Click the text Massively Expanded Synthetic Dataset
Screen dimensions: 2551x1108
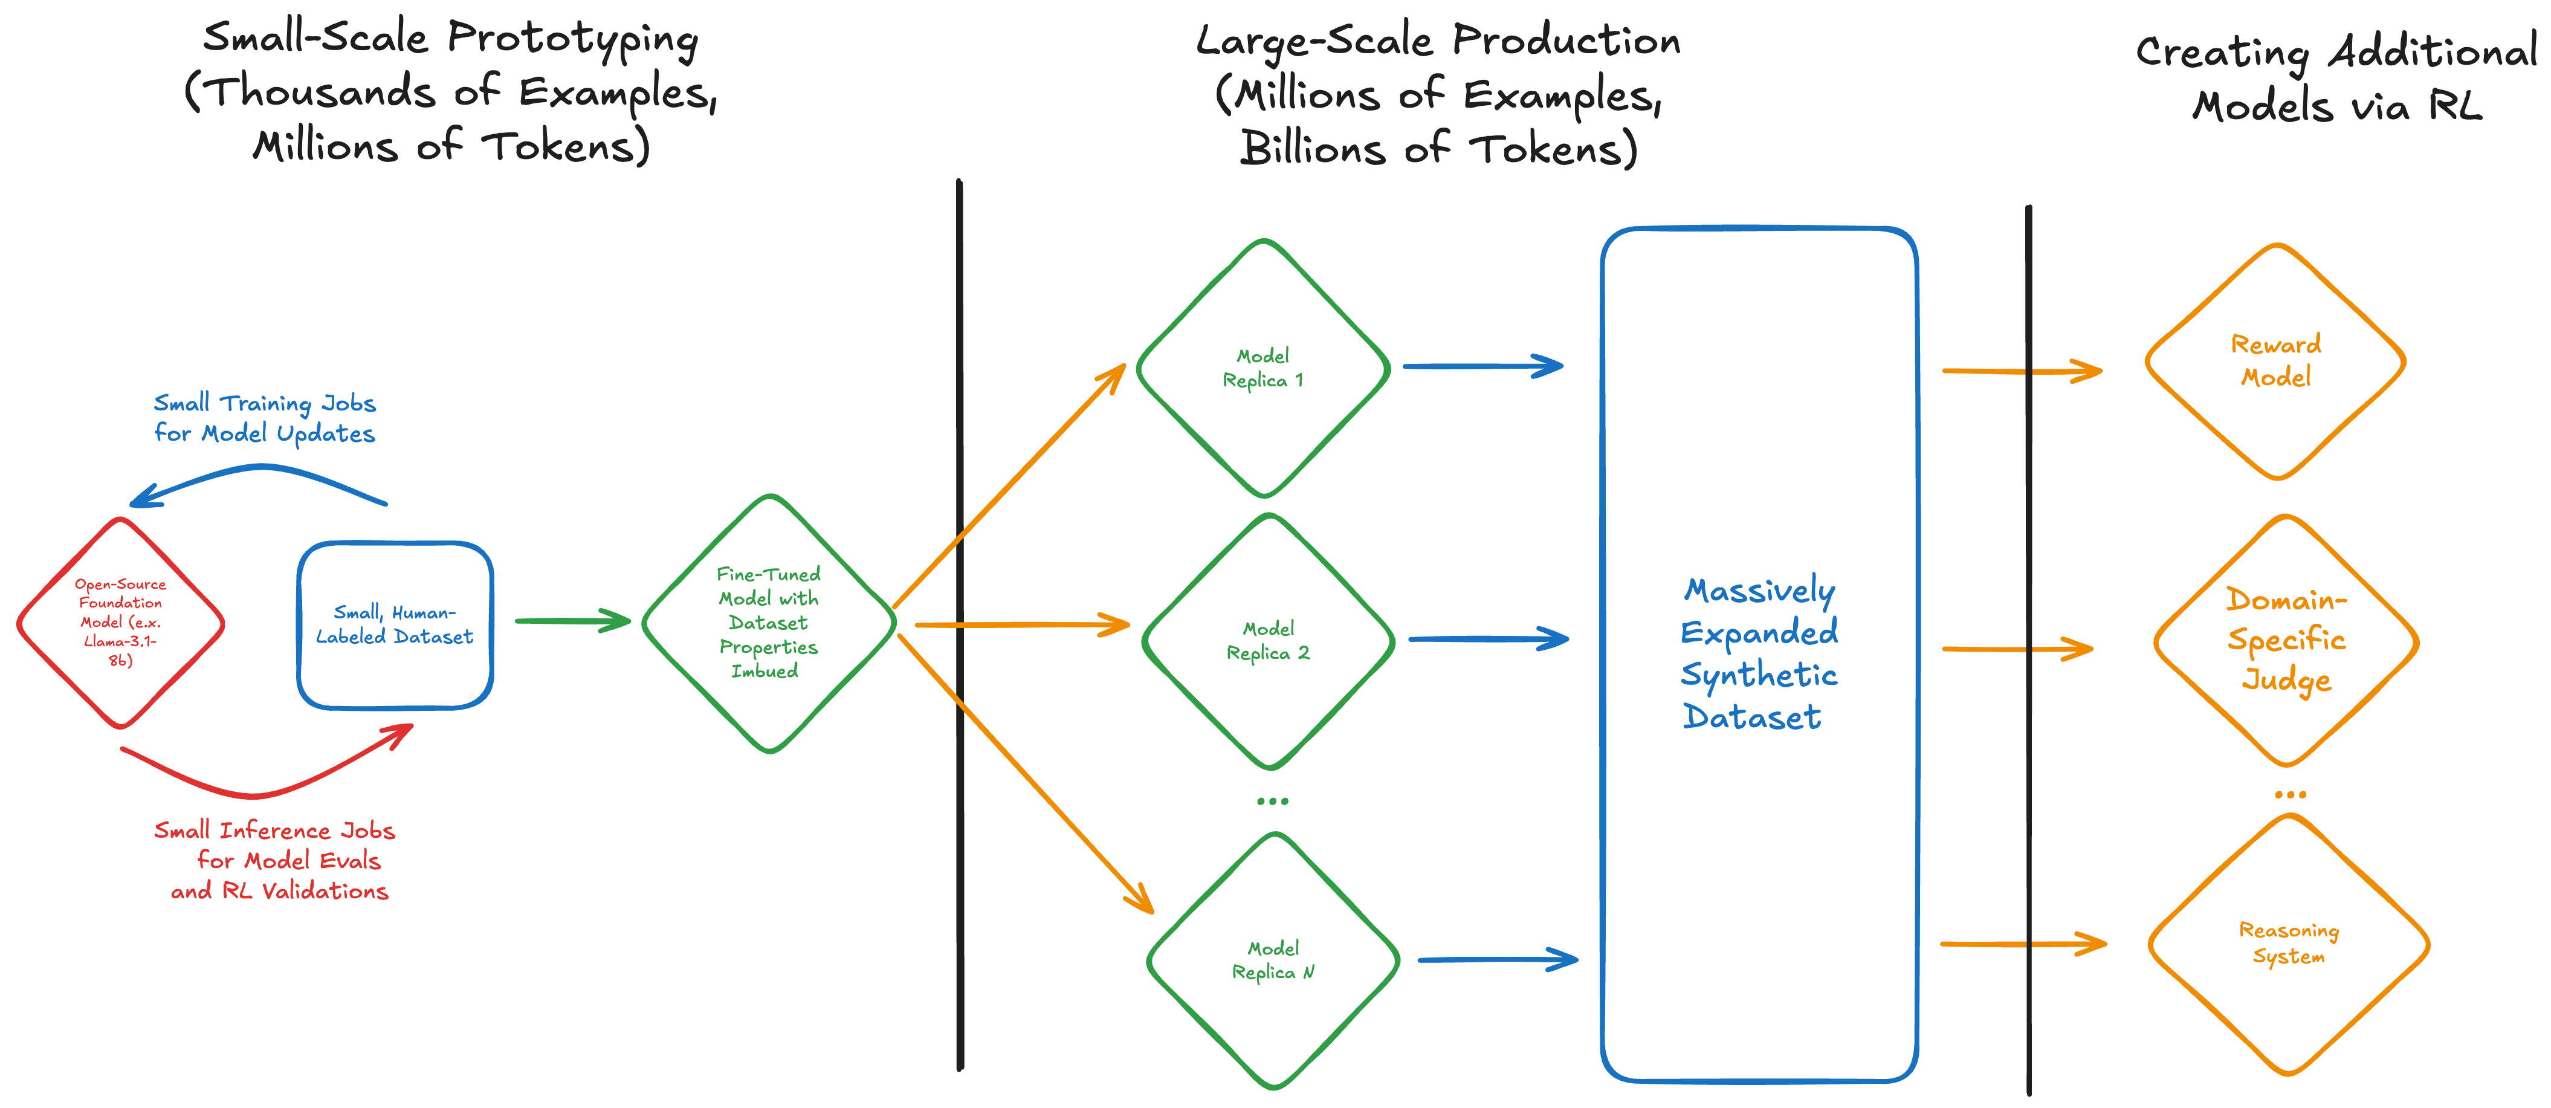click(x=1759, y=653)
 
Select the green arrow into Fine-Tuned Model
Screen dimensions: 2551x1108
click(x=572, y=621)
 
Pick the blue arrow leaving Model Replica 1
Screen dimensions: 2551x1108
click(x=1482, y=366)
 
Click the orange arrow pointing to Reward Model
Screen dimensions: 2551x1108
click(x=2022, y=371)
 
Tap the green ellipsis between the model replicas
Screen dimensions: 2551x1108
click(x=1273, y=801)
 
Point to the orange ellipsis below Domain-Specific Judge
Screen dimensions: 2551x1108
click(x=2289, y=794)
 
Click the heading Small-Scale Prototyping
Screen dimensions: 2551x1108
click(x=451, y=37)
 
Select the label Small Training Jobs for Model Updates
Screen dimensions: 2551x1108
click(x=265, y=418)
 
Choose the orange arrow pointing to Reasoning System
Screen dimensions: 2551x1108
click(x=2023, y=944)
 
